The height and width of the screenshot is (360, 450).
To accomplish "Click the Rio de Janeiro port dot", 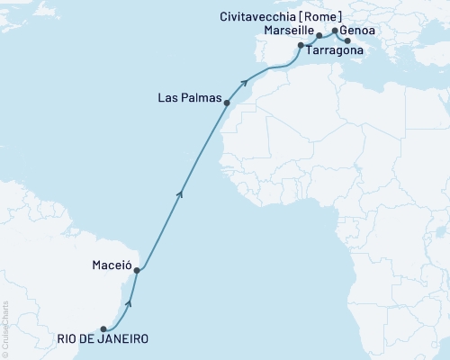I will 103,328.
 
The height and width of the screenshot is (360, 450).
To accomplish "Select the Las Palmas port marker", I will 227,103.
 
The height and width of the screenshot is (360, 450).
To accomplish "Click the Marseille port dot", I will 319,36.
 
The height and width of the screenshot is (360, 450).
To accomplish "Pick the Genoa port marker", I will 335,31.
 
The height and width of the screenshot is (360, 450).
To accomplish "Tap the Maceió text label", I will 112,267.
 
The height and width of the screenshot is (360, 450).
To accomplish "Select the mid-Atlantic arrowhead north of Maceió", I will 181,192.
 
